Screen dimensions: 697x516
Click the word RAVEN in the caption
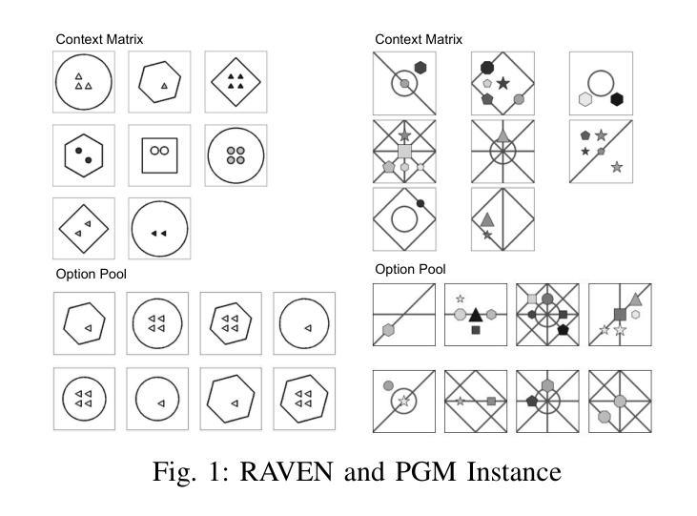tap(286, 471)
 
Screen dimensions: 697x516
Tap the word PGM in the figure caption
tap(425, 471)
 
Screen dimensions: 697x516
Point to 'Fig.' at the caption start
tap(174, 471)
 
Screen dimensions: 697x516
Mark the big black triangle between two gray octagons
tap(476, 315)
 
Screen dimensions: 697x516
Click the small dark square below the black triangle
tap(476, 330)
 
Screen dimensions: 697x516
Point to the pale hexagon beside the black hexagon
tap(585, 99)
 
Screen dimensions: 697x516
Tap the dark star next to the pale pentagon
tap(502, 83)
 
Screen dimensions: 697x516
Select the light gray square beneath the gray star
tap(404, 152)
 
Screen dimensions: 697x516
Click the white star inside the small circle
tap(403, 401)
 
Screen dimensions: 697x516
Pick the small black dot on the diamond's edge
tap(420, 203)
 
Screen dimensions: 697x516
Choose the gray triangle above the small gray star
tap(487, 219)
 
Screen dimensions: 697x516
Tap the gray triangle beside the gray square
tap(636, 299)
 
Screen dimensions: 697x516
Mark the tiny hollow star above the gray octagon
tap(461, 299)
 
